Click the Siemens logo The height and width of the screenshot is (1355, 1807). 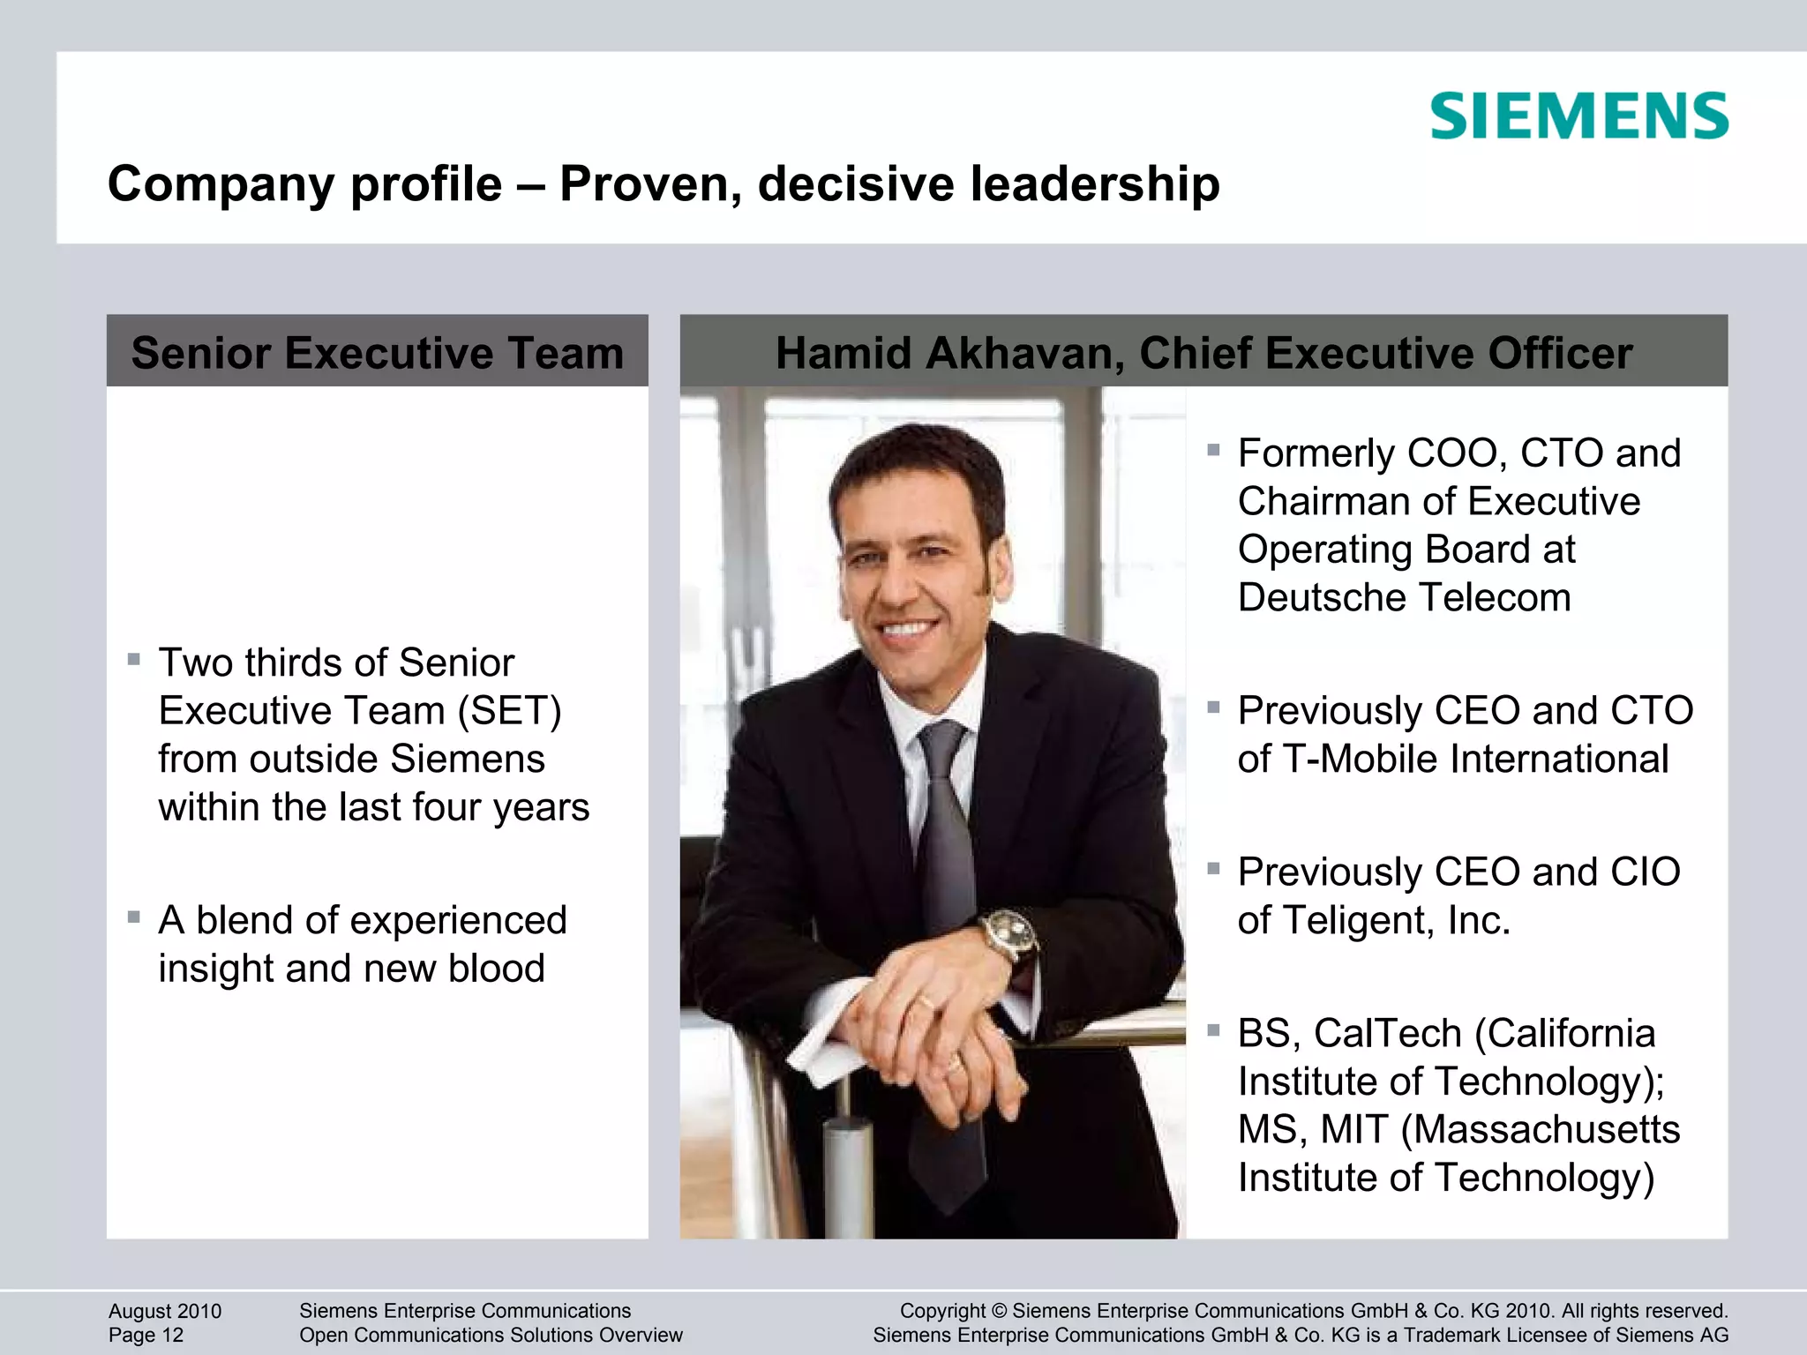1579,116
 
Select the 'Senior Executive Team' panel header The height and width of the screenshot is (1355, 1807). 378,352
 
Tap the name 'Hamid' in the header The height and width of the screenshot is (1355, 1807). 843,353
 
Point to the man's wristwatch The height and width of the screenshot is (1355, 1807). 1008,934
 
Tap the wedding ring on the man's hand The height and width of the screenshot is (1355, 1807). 926,1002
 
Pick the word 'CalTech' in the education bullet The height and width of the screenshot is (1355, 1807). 1389,1033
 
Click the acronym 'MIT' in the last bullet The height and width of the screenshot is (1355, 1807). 1354,1129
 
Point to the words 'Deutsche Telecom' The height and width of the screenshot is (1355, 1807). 1405,597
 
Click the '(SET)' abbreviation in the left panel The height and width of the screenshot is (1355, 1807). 509,711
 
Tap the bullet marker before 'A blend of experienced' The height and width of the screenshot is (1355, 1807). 134,917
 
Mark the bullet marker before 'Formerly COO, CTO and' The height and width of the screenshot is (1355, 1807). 1213,451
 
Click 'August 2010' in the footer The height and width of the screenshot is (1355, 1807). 165,1311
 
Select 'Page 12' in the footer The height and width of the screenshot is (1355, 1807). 146,1336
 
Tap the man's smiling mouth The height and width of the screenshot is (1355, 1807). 909,630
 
